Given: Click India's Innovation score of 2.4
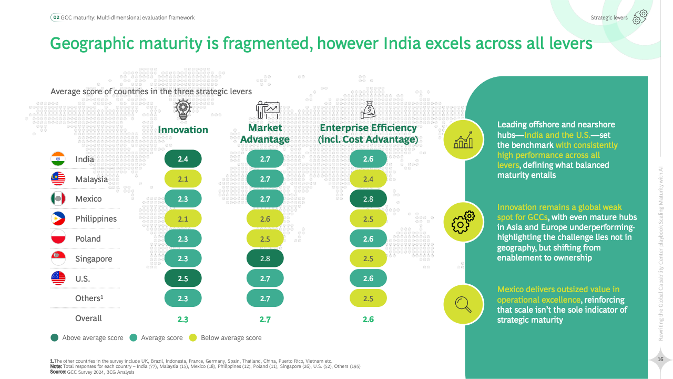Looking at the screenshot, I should [183, 159].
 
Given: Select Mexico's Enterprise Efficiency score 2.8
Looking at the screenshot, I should [368, 198].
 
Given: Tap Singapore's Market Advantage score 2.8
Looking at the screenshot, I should [265, 258].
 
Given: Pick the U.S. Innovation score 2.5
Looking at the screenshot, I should [183, 278].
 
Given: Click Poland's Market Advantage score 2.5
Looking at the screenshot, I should [265, 238].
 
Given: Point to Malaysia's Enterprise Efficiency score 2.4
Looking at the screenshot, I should [368, 179].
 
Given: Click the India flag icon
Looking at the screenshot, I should [58, 159].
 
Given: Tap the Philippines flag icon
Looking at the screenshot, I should [58, 218].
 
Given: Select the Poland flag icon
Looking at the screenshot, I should [58, 238].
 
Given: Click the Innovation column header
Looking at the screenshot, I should [183, 130].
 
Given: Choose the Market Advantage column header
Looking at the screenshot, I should [265, 134].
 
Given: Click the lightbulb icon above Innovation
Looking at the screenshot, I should [183, 110].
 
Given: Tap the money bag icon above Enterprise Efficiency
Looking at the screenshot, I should [368, 110].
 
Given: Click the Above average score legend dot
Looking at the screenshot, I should [55, 338].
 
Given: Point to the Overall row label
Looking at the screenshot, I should [88, 318].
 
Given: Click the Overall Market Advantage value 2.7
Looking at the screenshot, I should [265, 319].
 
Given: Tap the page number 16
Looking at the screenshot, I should [661, 360].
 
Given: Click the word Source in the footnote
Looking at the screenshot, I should [58, 372].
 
